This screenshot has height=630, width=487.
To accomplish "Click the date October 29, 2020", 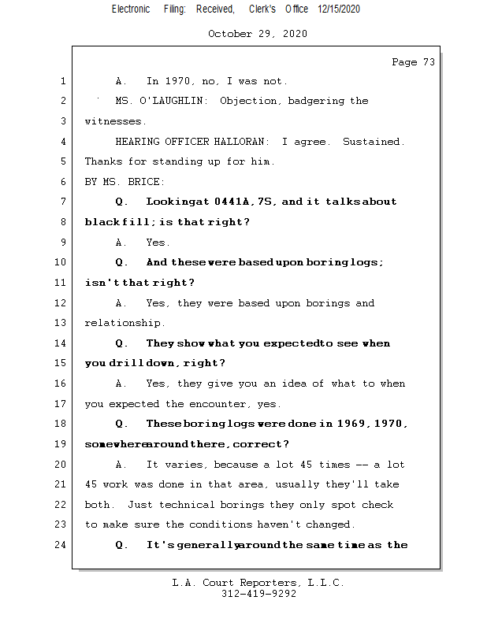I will point(258,34).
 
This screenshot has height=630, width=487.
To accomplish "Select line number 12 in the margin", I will point(61,303).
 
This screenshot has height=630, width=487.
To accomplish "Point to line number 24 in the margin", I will point(61,545).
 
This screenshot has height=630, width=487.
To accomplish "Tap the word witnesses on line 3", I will point(115,121).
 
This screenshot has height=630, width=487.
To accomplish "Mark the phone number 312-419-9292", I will point(258,594).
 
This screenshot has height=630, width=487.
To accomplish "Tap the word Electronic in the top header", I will point(131,9).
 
